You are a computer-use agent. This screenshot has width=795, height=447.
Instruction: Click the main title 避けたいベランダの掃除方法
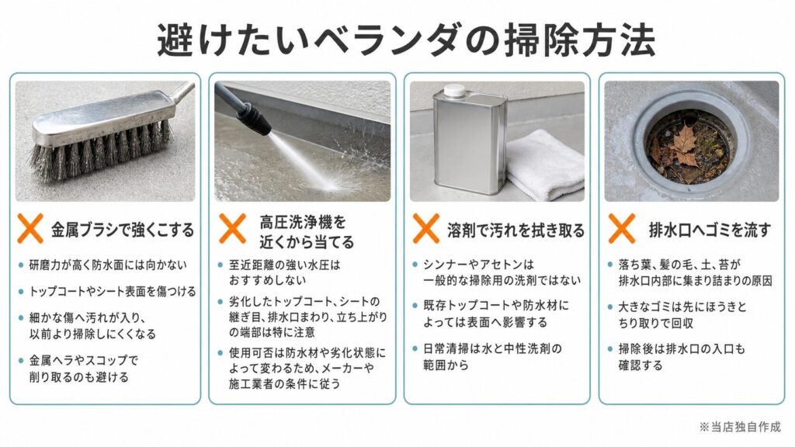[x=406, y=40]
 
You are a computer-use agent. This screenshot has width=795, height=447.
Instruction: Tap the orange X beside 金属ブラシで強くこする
[x=30, y=229]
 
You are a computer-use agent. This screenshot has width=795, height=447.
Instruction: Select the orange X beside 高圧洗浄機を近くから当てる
[x=232, y=229]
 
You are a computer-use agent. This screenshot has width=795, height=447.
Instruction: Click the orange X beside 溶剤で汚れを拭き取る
[x=426, y=229]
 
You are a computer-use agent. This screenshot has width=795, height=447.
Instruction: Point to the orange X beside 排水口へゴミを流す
[x=622, y=229]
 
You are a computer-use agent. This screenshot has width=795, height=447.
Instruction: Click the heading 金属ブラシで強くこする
[x=123, y=230]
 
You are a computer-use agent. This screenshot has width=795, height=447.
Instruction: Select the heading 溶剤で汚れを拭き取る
[x=516, y=230]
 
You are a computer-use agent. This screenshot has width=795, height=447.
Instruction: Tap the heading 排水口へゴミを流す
[x=710, y=230]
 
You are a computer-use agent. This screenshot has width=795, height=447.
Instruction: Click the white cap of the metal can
[x=455, y=91]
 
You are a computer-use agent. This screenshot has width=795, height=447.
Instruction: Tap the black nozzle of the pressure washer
[x=256, y=117]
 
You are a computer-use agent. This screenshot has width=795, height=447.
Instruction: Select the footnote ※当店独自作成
[x=740, y=427]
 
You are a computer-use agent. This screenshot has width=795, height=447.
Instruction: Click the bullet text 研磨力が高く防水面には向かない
[x=108, y=265]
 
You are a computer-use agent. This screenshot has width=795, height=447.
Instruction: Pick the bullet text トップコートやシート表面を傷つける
[x=113, y=292]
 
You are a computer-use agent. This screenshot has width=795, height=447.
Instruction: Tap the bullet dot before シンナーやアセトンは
[x=415, y=265]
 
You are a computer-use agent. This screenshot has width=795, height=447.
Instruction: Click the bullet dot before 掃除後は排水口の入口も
[x=610, y=349]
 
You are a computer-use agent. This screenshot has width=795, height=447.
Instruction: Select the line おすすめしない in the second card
[x=267, y=279]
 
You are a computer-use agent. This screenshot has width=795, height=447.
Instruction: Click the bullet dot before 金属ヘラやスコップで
[x=21, y=361]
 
